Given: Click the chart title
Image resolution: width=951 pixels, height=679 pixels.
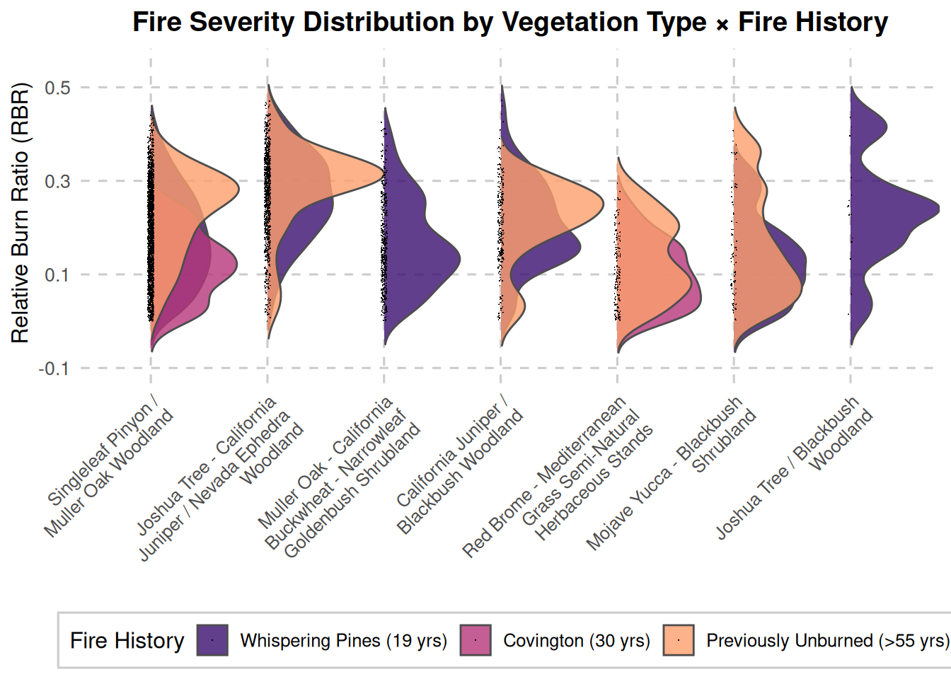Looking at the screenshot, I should coord(510,23).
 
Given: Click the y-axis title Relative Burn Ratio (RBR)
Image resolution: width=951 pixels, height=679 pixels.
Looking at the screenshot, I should coord(21,213).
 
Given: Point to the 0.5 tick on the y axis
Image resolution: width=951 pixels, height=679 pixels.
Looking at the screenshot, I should coord(57,88).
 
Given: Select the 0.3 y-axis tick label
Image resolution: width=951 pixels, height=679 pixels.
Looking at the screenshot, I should coord(57,182).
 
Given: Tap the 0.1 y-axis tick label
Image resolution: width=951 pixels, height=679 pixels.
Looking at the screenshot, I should coord(57,275).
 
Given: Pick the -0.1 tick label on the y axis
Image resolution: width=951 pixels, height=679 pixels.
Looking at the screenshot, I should coord(54,368).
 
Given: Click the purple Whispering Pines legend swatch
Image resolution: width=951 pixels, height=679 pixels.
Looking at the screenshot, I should coord(212,640).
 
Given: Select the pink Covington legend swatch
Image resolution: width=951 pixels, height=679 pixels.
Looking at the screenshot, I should coord(475,640).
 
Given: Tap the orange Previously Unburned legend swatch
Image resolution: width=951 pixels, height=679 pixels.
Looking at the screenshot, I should coord(679,640).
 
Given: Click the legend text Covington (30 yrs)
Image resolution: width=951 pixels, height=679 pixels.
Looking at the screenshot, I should coord(577,641).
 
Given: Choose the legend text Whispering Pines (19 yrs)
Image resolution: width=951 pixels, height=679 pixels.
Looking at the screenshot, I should coord(344,641).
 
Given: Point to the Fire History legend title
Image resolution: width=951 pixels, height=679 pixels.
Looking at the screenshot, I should coord(127,641).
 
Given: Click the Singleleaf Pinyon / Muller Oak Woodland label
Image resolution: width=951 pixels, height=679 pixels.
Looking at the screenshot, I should coord(110,470).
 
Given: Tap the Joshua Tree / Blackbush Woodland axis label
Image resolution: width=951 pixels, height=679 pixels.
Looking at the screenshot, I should coord(796,467).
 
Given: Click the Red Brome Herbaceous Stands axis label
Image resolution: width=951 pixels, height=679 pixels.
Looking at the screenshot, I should coord(559,477).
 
